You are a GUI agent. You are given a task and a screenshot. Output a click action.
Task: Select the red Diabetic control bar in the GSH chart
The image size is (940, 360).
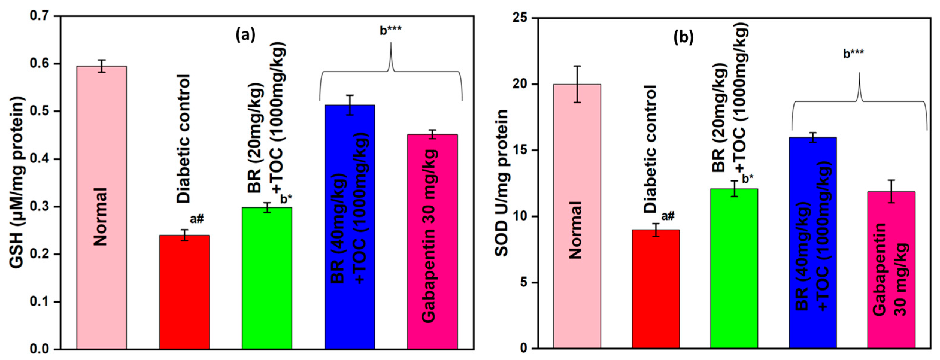point(184,292)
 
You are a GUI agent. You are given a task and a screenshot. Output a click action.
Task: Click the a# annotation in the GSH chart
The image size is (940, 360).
point(197,219)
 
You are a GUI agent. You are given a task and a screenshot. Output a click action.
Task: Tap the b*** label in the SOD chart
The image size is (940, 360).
point(853,54)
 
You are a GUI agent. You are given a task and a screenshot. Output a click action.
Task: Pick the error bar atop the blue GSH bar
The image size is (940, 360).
point(350,105)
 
